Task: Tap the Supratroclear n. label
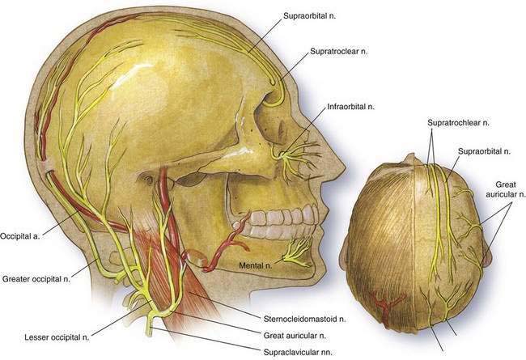[337, 52]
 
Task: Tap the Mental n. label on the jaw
[261, 264]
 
